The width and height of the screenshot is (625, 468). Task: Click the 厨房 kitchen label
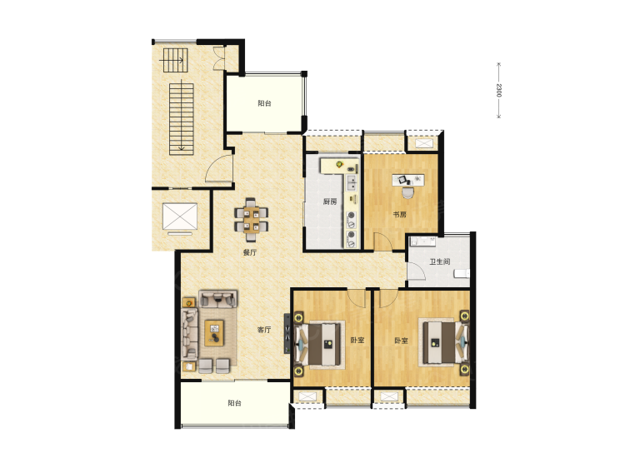point(330,202)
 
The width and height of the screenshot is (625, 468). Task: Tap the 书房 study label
point(399,215)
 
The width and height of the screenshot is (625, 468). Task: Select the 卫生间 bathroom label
point(440,261)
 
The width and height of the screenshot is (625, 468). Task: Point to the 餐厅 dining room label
point(250,252)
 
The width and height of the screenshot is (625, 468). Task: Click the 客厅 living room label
point(264,330)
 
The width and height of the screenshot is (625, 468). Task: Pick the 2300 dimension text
point(498,90)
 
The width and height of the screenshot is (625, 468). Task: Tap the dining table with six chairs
point(251,220)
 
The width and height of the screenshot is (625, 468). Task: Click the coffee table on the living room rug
point(214,333)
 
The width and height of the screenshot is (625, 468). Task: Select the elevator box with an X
point(180,217)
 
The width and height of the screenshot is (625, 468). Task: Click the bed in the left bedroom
point(319,345)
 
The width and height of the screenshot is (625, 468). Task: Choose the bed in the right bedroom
point(443,342)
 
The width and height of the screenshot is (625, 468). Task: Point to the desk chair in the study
point(407,192)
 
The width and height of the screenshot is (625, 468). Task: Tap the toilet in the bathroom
point(462,274)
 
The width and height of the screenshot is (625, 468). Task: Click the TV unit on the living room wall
point(287,333)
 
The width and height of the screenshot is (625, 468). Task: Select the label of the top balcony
point(265,103)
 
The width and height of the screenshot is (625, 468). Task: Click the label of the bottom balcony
point(235,403)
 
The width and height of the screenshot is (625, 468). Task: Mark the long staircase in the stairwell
point(182,119)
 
